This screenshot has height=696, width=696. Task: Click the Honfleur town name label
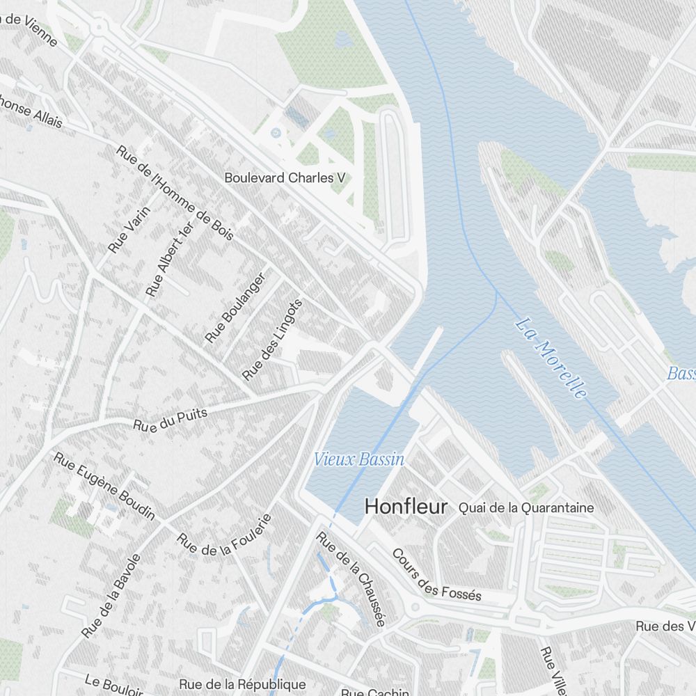406,506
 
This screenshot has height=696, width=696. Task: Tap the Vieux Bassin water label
358,459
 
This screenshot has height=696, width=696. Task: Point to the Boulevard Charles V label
285,178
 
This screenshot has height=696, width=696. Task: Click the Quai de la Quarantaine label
526,508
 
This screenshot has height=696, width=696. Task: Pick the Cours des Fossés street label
436,575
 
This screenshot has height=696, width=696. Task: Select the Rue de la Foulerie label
223,537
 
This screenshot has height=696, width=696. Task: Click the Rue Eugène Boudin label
104,487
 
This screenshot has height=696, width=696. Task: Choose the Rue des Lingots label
272,340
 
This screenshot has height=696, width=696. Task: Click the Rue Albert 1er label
168,258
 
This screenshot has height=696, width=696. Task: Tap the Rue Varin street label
129,230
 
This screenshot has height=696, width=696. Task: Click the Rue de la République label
242,685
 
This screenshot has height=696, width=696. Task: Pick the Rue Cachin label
365,692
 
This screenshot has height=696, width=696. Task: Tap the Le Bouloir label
114,686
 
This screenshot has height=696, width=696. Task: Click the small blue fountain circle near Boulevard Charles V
276,132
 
